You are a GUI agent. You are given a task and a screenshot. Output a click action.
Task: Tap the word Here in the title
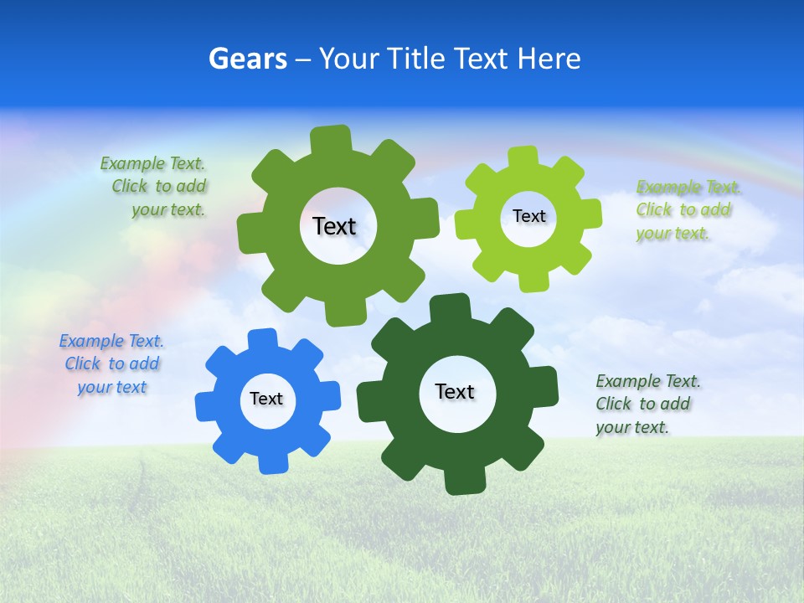click(549, 59)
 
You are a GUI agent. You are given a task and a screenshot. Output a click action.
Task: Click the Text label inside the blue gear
click(266, 399)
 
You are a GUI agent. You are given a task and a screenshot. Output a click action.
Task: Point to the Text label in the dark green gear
click(455, 392)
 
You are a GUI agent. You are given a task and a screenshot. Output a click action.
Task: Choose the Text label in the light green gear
click(528, 217)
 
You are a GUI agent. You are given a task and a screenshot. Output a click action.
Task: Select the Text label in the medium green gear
click(335, 226)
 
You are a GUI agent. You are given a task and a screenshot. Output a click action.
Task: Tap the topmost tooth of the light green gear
click(523, 157)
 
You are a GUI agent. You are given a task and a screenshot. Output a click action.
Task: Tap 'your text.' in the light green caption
click(672, 234)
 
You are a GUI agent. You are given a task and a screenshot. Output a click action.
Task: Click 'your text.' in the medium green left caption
click(167, 210)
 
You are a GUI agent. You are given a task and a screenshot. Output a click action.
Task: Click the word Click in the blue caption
click(82, 364)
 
